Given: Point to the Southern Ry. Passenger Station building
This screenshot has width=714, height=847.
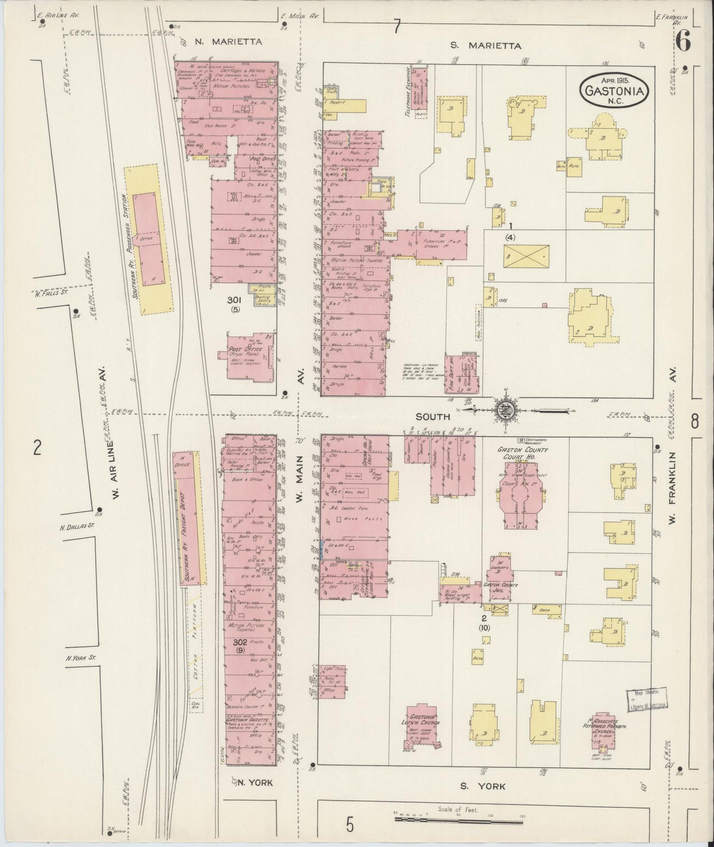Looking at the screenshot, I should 147,239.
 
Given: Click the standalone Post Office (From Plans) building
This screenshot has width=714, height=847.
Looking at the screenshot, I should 250,357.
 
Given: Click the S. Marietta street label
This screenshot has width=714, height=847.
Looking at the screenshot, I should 486,45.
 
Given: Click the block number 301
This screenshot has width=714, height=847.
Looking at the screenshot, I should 234,299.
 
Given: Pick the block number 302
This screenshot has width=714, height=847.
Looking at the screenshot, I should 241,643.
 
